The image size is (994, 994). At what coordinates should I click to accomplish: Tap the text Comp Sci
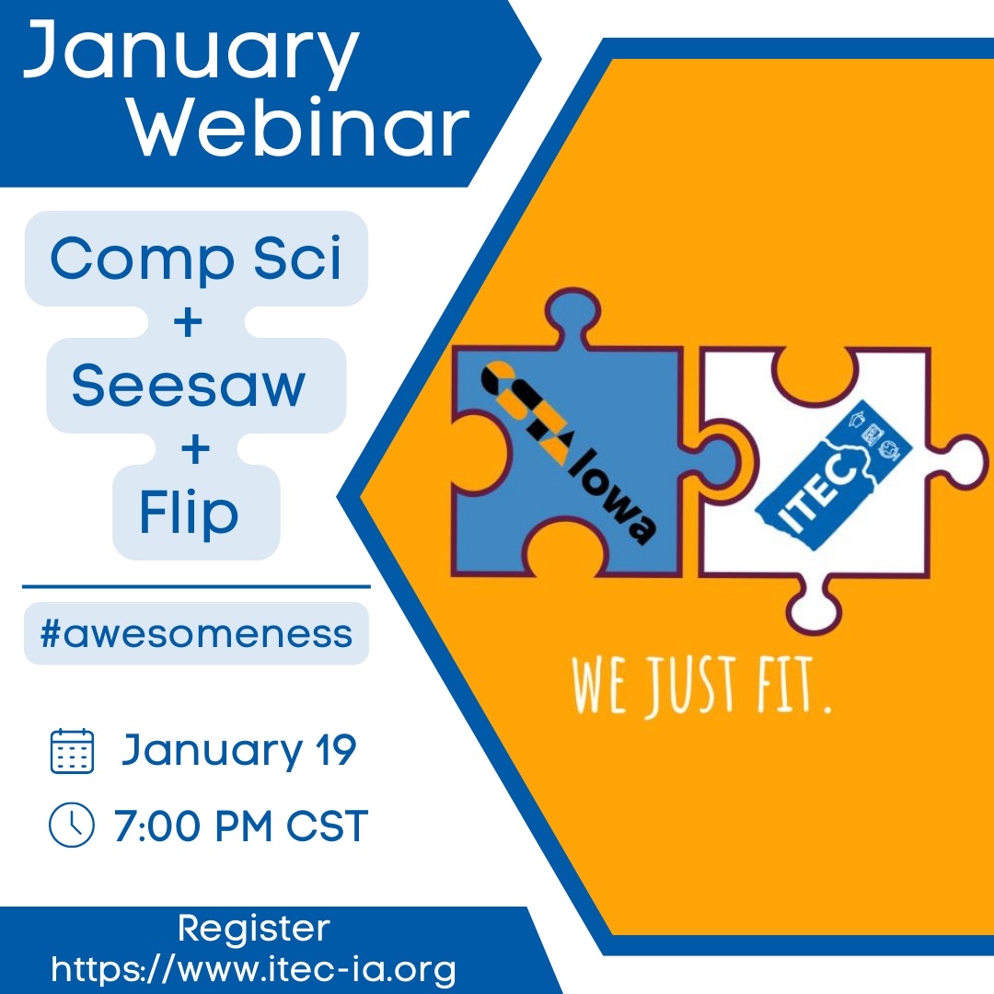[x=196, y=258]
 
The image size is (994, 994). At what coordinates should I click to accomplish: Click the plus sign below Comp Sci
[x=188, y=322]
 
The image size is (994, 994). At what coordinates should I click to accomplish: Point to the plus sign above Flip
[x=195, y=449]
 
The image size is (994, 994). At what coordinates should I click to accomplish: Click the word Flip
[x=189, y=513]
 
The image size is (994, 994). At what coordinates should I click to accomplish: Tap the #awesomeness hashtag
[x=196, y=634]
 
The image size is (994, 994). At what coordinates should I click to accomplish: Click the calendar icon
[x=73, y=751]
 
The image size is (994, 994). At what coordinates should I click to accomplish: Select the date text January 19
[x=239, y=751]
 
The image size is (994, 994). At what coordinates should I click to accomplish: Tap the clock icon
[x=72, y=825]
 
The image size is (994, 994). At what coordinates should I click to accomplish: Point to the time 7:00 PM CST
[x=241, y=826]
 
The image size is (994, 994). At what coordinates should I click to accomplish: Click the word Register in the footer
[x=254, y=930]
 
